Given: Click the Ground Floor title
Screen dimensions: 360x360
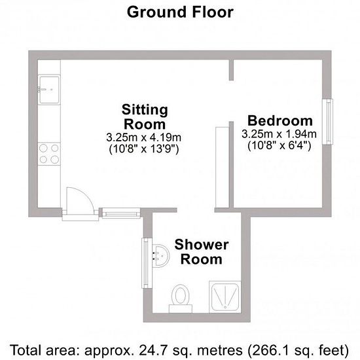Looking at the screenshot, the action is coord(180,12).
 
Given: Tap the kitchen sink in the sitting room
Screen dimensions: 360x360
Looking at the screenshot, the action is coord(49,90).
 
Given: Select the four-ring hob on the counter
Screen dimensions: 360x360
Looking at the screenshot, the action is coord(49,154).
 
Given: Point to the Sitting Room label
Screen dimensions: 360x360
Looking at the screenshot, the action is coord(145,117).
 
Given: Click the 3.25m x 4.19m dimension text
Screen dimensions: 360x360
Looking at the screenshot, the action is coord(144,137).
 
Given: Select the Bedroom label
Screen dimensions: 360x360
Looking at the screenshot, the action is coord(280,121).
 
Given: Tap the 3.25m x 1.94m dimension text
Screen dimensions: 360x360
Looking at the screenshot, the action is coord(279,134).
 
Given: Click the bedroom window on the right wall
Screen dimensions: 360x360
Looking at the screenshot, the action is coord(328,122).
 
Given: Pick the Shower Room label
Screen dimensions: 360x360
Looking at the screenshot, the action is coord(202,252).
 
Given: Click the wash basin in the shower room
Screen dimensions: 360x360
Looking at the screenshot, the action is coord(161,255).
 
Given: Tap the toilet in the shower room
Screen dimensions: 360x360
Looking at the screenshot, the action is coord(181,298).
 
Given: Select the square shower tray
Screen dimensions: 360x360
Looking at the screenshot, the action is coord(225,297).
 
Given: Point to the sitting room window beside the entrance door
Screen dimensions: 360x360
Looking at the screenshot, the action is coord(121,213).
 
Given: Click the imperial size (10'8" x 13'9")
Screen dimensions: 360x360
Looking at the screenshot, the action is coord(144,149).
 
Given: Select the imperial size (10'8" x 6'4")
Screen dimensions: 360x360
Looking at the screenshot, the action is coord(279,145).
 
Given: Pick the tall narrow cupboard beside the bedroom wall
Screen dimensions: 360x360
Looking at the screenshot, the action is coord(223,167).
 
